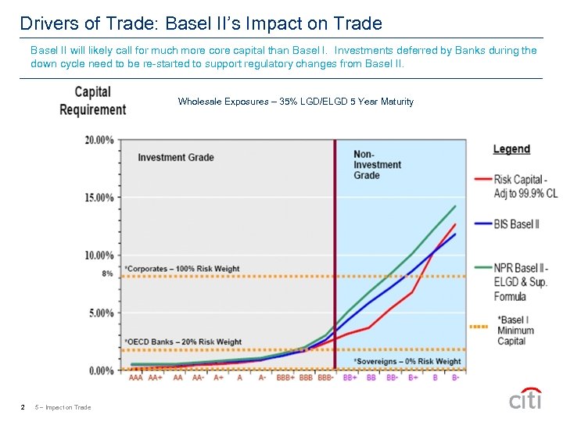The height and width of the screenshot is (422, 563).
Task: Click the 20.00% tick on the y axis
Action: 99,141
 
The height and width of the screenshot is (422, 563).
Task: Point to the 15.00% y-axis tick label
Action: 99,198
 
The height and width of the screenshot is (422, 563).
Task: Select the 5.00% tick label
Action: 102,313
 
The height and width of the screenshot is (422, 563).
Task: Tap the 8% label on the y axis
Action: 107,274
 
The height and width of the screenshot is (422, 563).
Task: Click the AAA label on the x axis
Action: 135,377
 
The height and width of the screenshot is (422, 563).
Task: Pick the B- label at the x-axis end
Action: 455,377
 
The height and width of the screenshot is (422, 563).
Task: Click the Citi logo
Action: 525,399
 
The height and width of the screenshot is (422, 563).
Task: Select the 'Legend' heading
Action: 511,149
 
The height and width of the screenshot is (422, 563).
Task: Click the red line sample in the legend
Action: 482,178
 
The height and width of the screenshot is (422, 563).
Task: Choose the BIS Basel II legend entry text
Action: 517,224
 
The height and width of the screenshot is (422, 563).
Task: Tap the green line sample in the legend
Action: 482,267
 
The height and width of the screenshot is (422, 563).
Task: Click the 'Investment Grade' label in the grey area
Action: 176,158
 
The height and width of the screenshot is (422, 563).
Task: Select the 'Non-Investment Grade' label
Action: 377,165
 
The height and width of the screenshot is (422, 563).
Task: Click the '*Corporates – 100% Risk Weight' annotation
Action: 181,269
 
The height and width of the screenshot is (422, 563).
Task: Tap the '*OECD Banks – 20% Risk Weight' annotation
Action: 183,342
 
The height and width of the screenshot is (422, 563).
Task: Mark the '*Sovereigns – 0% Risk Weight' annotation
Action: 407,361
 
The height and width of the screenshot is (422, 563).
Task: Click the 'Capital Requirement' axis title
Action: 92,102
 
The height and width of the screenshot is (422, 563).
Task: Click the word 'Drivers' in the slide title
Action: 46,24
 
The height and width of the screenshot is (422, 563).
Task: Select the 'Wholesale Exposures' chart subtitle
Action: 296,102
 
